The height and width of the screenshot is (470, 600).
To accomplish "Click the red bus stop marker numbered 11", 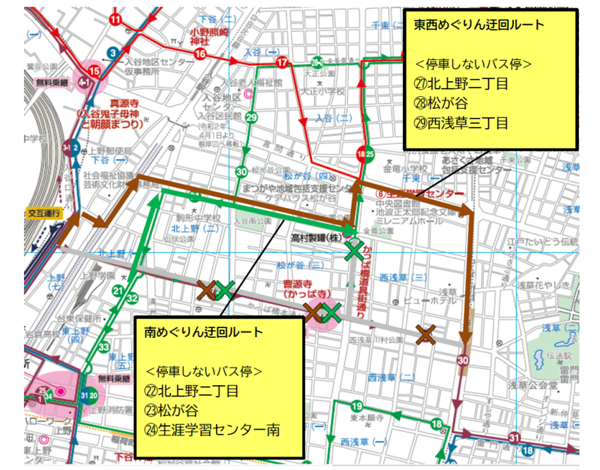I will [116, 19].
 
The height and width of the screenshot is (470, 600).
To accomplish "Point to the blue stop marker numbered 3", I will [112, 52].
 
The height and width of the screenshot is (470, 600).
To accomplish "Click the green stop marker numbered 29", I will [251, 117].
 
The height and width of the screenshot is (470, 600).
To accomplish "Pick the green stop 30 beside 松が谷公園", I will [241, 171].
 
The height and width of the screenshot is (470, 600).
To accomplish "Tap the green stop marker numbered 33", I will [104, 347].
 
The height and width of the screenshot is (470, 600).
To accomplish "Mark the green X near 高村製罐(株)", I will [354, 249].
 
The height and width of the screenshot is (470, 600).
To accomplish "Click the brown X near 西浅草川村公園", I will [425, 334].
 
